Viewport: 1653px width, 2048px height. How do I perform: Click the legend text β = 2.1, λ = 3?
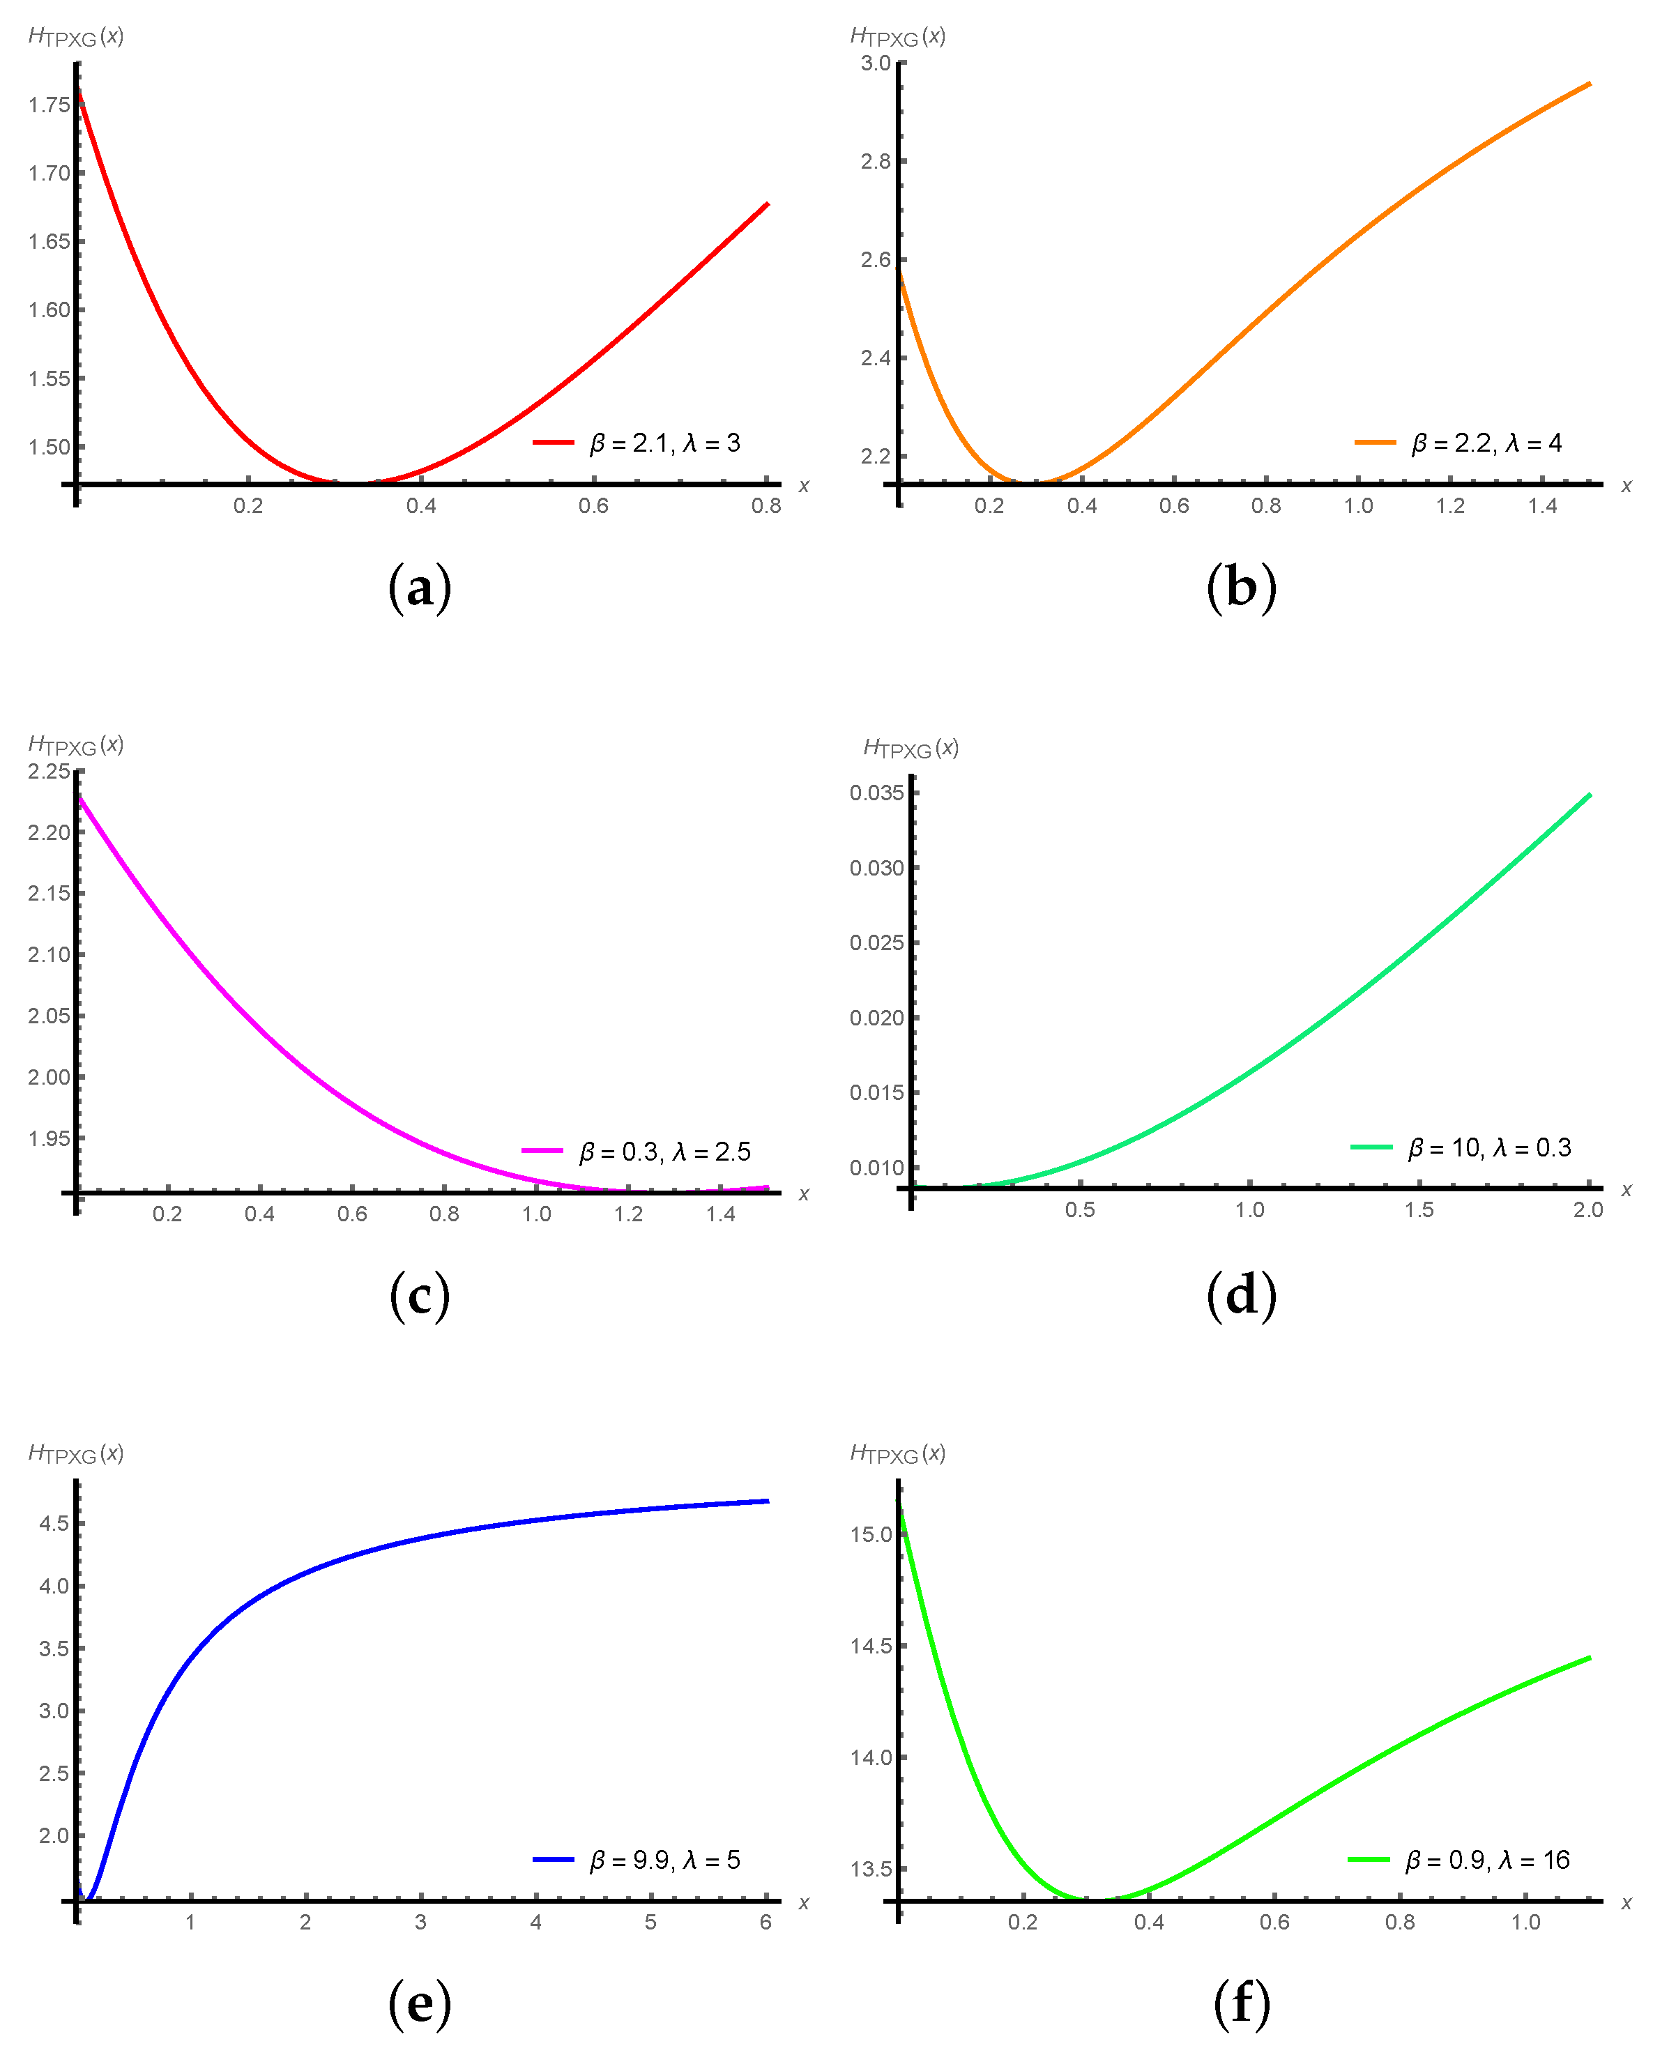664,443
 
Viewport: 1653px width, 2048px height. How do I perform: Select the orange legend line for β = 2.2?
1374,443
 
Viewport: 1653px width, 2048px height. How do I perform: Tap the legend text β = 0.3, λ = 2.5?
664,1152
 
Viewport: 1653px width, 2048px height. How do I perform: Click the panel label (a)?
419,588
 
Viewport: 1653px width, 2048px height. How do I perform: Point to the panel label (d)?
1241,1296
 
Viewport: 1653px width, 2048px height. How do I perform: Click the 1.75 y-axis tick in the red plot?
49,105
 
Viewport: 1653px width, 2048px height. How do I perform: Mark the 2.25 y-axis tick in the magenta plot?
49,771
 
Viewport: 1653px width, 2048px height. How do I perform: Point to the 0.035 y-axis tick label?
876,793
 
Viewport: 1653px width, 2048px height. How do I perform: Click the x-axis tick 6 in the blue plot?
765,1923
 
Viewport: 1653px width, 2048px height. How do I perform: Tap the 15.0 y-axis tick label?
871,1534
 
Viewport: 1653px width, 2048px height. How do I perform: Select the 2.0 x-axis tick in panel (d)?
1587,1210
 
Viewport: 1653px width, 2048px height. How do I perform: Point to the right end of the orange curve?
1589,84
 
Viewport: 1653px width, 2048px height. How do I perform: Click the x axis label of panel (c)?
804,1194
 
